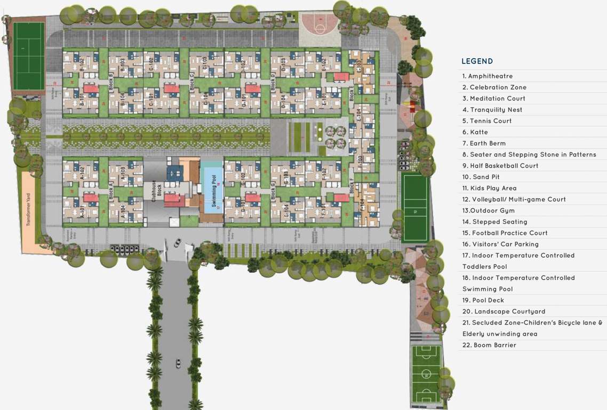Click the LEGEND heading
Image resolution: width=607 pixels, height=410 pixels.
(477, 61)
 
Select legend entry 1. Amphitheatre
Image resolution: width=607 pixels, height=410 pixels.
(488, 76)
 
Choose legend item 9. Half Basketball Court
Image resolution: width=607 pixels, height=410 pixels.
(500, 166)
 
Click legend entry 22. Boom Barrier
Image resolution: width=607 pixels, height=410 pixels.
(489, 345)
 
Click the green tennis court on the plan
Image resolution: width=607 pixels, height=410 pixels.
(28, 56)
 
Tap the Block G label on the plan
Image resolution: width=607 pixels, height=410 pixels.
(273, 191)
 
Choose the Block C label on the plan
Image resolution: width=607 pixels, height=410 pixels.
(191, 83)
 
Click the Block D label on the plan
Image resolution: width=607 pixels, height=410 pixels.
(273, 83)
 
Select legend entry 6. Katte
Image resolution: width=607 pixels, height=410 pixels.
(475, 132)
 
